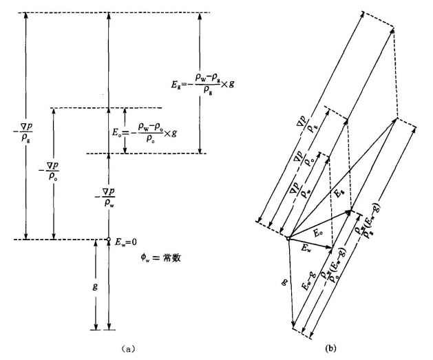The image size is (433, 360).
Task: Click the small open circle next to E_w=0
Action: [108, 240]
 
